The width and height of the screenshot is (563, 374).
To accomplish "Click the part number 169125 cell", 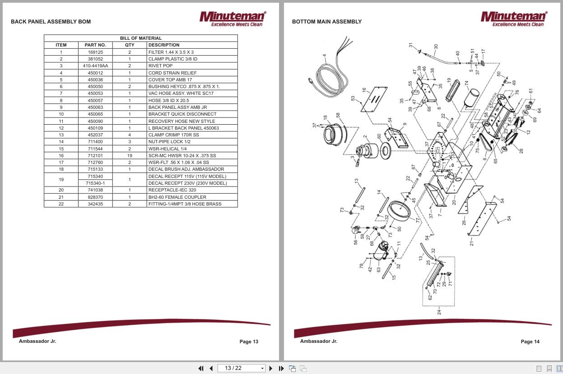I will [x=95, y=52].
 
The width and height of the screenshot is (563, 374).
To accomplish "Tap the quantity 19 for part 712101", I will [x=129, y=155].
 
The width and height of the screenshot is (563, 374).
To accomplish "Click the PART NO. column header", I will [x=95, y=45].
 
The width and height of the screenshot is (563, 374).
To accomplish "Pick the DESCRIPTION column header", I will [x=164, y=45].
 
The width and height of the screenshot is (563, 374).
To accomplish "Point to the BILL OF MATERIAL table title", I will [x=140, y=38].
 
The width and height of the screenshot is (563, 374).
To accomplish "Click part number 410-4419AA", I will [x=95, y=66].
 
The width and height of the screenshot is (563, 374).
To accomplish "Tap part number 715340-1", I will [x=95, y=183].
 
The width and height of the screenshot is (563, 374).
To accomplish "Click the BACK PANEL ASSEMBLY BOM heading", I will [x=51, y=22].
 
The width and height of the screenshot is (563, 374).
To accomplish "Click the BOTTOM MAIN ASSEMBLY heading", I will [x=326, y=22].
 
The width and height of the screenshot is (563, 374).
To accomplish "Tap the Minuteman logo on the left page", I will [x=233, y=19].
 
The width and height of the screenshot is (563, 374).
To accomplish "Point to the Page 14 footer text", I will [x=530, y=341].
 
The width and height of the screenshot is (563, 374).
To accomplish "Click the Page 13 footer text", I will [x=249, y=341].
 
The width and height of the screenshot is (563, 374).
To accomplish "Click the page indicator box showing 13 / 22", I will [x=241, y=368].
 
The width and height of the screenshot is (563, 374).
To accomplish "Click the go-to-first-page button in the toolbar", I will [x=201, y=368].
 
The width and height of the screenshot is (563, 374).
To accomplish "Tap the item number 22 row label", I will [x=61, y=204].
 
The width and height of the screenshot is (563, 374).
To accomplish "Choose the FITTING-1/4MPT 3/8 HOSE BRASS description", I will [x=185, y=204].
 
